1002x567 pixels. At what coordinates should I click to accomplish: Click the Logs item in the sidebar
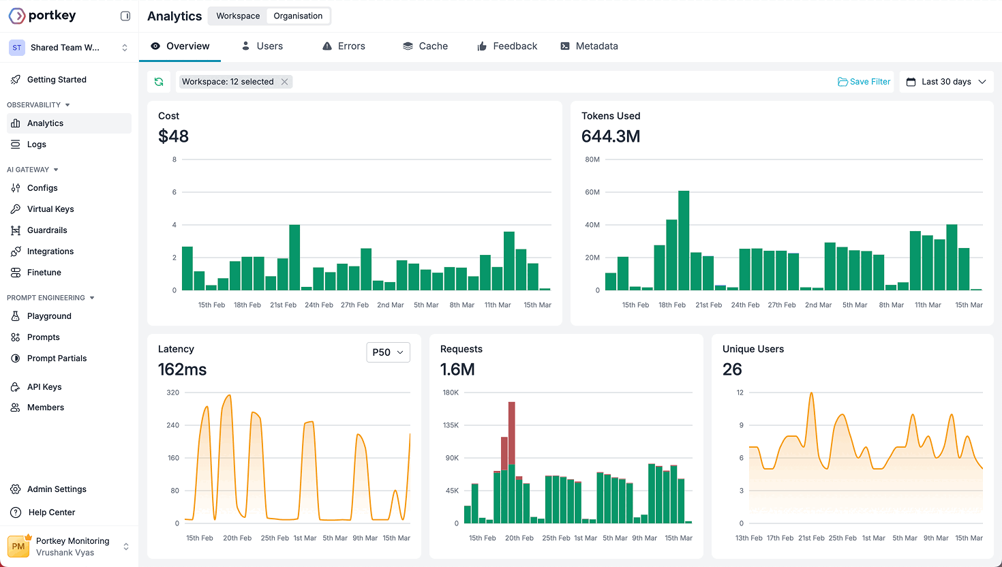[36, 144]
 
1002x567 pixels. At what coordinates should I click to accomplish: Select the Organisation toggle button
[298, 16]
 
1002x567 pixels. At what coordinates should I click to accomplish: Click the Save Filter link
[864, 82]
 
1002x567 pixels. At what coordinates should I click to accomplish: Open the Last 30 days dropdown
[946, 82]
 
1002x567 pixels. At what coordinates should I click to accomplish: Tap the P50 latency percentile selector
[388, 352]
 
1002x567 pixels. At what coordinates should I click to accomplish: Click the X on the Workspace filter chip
[285, 82]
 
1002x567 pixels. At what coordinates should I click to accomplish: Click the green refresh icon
[159, 82]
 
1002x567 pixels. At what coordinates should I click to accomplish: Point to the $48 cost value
[173, 136]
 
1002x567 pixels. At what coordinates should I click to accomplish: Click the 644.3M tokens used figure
[610, 136]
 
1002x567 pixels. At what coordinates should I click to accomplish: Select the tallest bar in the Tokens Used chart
[684, 240]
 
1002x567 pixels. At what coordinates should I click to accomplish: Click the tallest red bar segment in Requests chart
[511, 433]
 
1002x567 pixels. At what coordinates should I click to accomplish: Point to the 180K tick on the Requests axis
[451, 393]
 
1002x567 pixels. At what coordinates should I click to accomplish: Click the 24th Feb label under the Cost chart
[319, 305]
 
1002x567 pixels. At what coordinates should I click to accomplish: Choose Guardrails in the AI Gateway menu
[47, 230]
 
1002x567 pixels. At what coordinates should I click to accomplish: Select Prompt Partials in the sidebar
[57, 358]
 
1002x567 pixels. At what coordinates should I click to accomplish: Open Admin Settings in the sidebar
[57, 489]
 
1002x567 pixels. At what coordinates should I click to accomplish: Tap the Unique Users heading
[753, 349]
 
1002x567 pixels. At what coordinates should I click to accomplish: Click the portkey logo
[42, 15]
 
